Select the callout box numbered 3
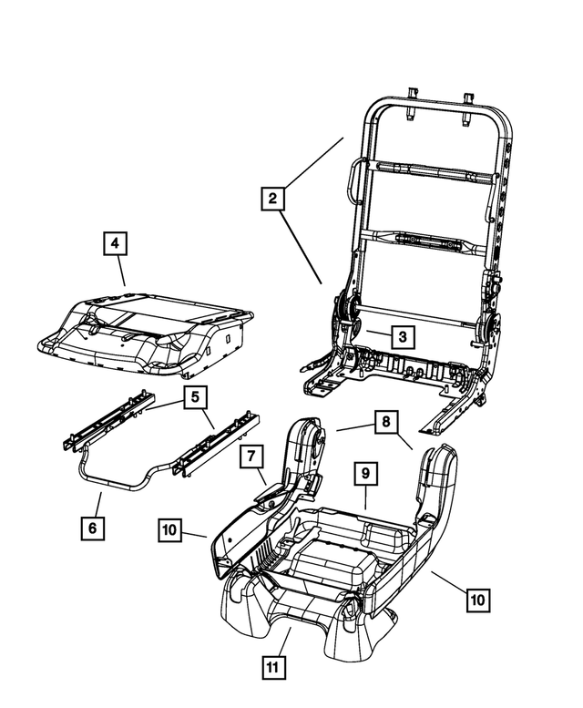pos(401,336)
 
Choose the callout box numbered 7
pos(252,458)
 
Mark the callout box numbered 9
pos(364,474)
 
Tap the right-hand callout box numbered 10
pos(477,600)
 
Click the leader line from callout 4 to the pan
pos(121,272)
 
